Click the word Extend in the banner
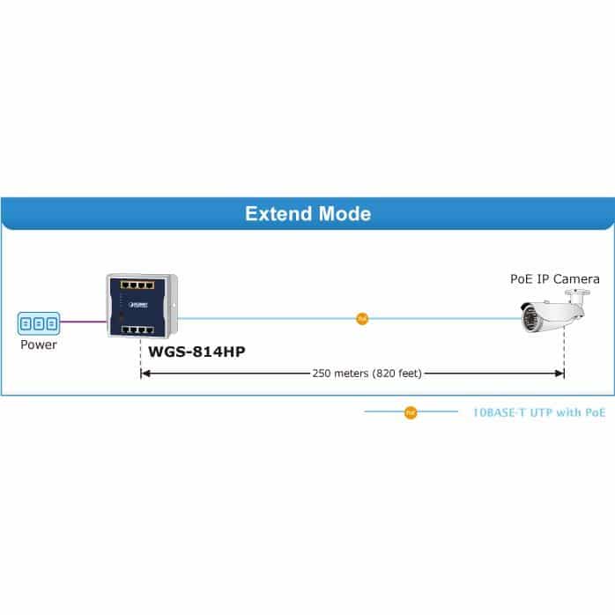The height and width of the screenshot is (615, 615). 279,214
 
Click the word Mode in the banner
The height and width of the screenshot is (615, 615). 345,214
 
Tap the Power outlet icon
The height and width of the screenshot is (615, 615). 39,323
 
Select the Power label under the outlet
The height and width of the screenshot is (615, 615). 39,345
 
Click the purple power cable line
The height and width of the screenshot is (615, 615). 84,322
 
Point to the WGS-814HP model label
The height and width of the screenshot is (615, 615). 196,352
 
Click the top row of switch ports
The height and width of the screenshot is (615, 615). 137,285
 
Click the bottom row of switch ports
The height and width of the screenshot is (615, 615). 137,330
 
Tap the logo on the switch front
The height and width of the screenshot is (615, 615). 138,305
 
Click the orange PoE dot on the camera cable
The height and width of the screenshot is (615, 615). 362,319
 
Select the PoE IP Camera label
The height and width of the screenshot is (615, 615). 554,279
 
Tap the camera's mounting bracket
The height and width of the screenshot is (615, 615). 577,298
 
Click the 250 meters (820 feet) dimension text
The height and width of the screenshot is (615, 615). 367,373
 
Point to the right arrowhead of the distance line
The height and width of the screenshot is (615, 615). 559,374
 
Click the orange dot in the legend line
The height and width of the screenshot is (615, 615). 411,412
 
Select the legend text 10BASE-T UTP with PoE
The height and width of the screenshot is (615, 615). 539,412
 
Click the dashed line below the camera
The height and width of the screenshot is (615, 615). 564,351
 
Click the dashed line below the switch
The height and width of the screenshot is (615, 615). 140,358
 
